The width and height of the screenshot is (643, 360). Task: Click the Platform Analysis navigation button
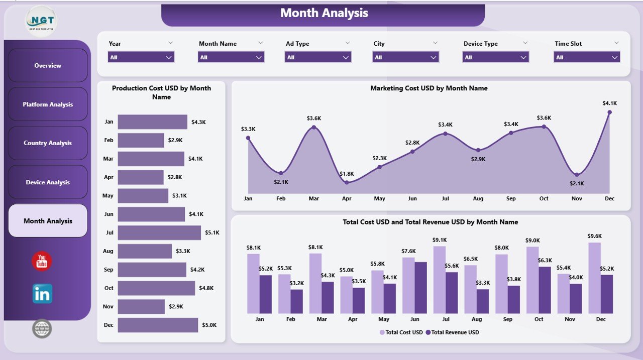click(48, 104)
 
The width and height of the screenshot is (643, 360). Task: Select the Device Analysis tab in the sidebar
click(48, 182)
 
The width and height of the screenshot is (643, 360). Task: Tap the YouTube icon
click(42, 262)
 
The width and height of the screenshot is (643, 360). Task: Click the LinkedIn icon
click(42, 294)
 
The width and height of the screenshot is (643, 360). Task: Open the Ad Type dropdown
click(318, 57)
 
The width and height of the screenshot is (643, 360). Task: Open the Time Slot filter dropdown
click(587, 57)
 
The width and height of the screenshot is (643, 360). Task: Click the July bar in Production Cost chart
click(159, 232)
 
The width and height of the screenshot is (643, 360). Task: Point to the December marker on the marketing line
click(609, 112)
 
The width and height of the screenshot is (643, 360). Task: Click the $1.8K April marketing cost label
click(347, 174)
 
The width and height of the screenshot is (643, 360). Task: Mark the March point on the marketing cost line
click(314, 127)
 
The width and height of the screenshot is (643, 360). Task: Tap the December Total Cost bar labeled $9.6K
click(594, 278)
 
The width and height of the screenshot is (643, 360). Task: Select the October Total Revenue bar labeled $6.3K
click(545, 290)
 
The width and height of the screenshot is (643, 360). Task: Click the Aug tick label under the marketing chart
click(478, 198)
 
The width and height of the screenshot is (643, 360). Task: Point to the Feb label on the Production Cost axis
click(109, 140)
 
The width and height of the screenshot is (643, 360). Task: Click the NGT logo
click(41, 21)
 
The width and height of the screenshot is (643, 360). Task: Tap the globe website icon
click(42, 329)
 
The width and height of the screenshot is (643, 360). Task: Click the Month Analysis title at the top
click(324, 14)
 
